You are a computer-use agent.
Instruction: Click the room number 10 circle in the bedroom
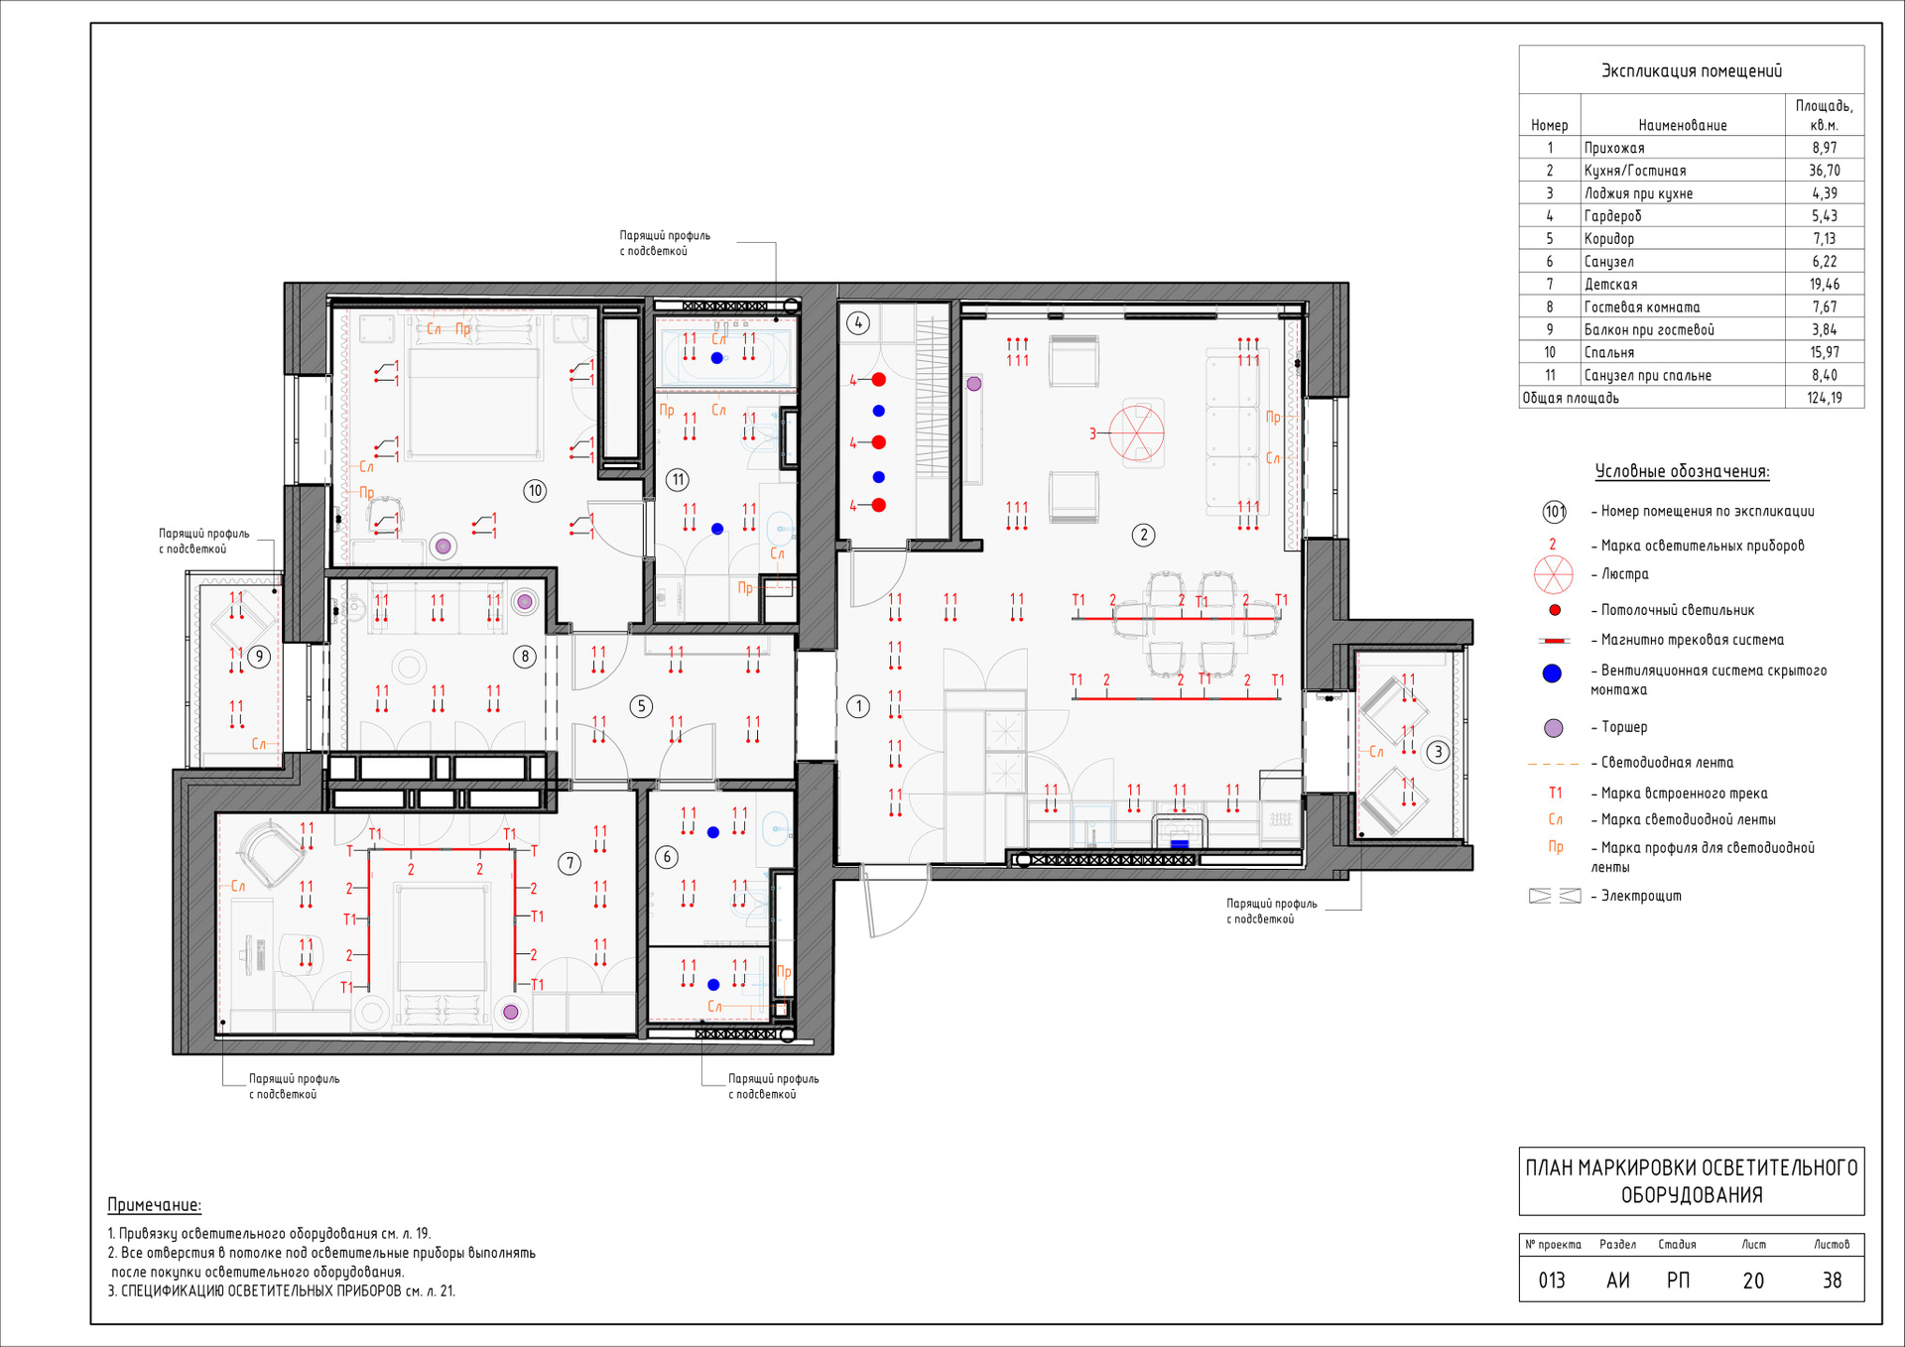click(535, 490)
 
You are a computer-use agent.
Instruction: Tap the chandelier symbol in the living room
click(1136, 433)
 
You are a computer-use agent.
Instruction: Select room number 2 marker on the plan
click(1143, 535)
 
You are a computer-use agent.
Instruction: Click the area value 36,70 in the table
click(1824, 171)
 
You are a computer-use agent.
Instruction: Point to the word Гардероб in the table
click(1612, 216)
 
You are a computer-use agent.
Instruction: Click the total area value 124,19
click(1824, 398)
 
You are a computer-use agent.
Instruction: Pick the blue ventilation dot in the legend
click(1553, 673)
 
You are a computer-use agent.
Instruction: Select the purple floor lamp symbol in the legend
click(1554, 728)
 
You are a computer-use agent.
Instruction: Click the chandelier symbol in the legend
click(1554, 574)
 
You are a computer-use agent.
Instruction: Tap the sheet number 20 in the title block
click(1753, 1281)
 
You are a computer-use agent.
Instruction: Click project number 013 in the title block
click(1552, 1281)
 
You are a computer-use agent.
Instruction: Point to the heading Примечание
click(154, 1205)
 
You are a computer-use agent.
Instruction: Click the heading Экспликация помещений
click(1692, 70)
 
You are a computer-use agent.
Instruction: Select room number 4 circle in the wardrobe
click(858, 322)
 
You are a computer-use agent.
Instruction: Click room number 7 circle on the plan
click(570, 863)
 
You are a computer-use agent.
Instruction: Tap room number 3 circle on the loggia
click(1438, 752)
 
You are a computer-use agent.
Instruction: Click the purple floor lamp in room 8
click(525, 601)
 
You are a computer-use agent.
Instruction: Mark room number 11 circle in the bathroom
click(678, 480)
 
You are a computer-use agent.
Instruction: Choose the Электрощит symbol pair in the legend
click(1555, 896)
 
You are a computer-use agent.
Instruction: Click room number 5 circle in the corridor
click(641, 706)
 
